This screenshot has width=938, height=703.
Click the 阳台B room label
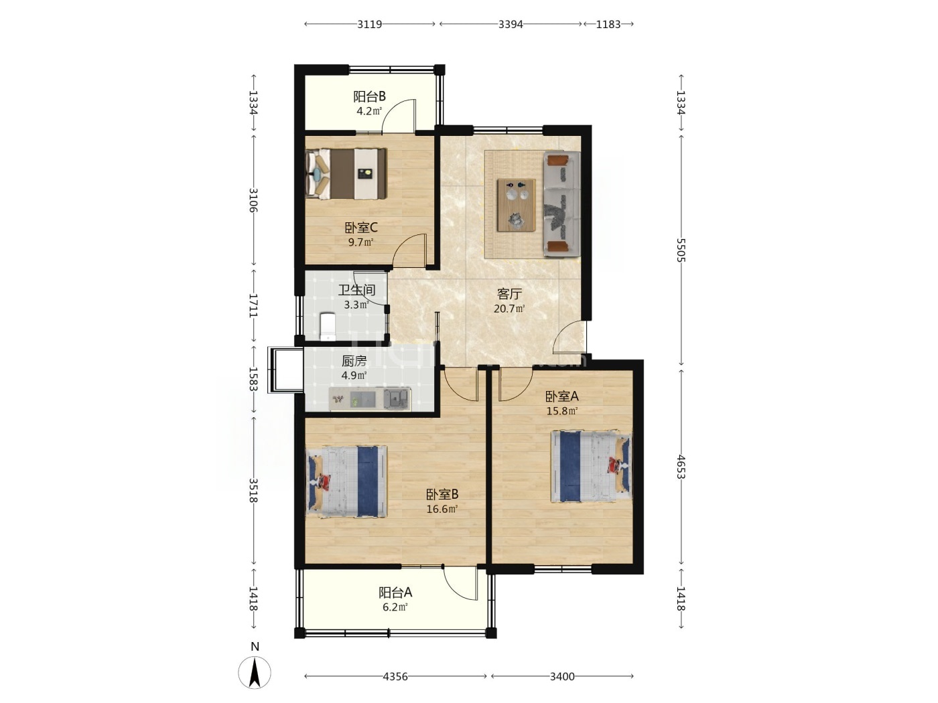click(369, 96)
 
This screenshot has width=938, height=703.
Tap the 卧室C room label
click(361, 228)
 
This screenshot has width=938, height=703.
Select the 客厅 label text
click(509, 294)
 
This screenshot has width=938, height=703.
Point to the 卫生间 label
click(357, 291)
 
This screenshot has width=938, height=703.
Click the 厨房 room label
click(354, 361)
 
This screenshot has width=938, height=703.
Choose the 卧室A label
click(562, 396)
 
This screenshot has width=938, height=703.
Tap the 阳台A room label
click(395, 593)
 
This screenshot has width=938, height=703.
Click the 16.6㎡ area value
click(442, 509)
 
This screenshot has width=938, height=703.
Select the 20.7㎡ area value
click(509, 308)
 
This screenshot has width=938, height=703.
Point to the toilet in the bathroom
click(328, 327)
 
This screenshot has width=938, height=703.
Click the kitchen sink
click(397, 399)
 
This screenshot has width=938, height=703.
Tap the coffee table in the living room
click(516, 205)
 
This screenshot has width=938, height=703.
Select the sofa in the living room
click(562, 204)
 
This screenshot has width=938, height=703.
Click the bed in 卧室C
click(346, 173)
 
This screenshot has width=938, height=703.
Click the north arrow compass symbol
click(255, 673)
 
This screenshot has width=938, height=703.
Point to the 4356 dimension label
click(395, 676)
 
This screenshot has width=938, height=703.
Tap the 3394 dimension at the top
click(511, 24)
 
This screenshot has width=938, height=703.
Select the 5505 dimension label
click(681, 250)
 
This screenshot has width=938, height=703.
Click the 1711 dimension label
click(253, 305)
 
